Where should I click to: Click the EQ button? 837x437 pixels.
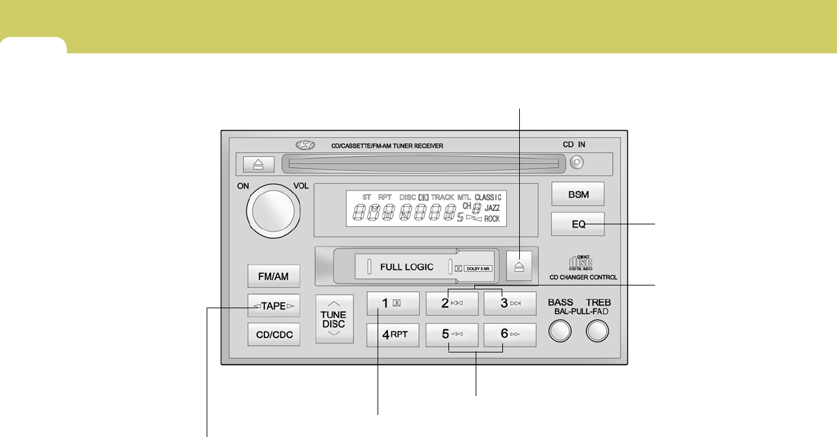(x=578, y=224)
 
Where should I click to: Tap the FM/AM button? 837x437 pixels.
(x=274, y=276)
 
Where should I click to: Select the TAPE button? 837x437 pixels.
(x=274, y=306)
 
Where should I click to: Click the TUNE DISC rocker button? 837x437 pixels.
(x=334, y=319)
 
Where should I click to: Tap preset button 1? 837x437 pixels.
(x=393, y=303)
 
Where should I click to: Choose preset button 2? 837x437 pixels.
(x=452, y=303)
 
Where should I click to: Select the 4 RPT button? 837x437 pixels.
(x=393, y=334)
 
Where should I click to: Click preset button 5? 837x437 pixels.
(x=452, y=334)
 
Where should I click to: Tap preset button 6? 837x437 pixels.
(x=509, y=334)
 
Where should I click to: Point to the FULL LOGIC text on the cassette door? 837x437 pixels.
(x=406, y=267)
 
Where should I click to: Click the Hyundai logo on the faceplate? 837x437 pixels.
(x=303, y=146)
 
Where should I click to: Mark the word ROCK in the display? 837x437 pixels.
(x=492, y=219)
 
